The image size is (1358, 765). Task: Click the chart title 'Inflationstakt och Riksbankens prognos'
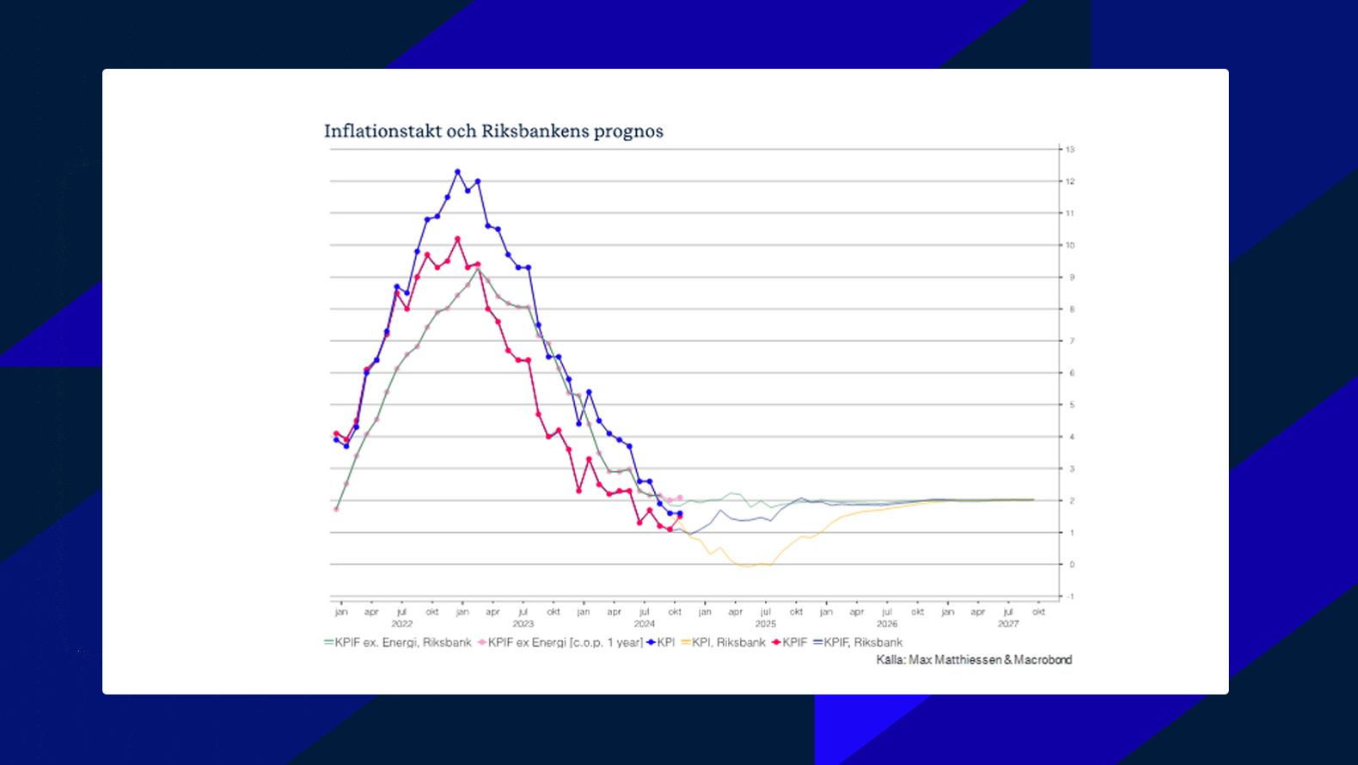493,132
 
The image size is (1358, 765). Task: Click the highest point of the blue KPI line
457,172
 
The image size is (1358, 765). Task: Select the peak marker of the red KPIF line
457,239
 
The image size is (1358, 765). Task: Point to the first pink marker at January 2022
336,510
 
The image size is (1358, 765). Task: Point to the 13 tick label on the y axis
1070,150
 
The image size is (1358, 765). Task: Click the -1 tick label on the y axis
1069,597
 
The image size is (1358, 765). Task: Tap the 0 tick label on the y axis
1071,565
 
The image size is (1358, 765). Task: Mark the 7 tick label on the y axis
1071,341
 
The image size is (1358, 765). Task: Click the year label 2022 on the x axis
401,624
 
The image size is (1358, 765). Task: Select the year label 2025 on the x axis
765,624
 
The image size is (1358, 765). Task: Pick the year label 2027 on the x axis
1007,624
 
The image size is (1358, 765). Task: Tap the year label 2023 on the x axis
523,624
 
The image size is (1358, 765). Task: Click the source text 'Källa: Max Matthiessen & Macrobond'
974,660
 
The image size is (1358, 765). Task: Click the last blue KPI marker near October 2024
680,514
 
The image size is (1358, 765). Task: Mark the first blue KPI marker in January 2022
336,440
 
